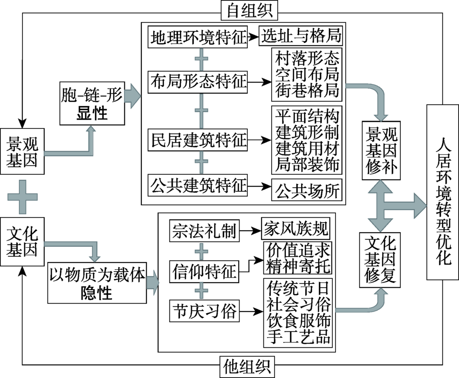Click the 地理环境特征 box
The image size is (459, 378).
(197, 37)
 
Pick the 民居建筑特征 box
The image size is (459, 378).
(197, 138)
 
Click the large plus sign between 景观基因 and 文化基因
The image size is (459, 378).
(22, 196)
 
